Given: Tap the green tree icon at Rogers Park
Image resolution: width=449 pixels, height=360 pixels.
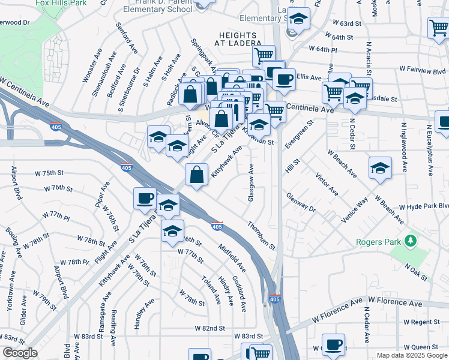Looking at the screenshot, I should pyautogui.click(x=411, y=241).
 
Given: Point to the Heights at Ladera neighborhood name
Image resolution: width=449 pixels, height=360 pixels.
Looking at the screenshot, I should pyautogui.click(x=240, y=40).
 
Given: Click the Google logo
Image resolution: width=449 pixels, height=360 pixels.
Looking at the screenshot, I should pyautogui.click(x=20, y=353).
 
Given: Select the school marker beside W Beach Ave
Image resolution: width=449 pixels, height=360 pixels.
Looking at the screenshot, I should pyautogui.click(x=380, y=169).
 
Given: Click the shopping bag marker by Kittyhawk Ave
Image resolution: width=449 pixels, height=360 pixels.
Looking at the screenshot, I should pyautogui.click(x=197, y=175).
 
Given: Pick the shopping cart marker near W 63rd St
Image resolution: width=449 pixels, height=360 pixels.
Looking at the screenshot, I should pyautogui.click(x=439, y=28).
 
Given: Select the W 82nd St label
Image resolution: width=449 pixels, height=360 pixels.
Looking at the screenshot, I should pyautogui.click(x=209, y=329).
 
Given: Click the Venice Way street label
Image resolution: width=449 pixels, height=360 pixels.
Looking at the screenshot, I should pyautogui.click(x=354, y=210).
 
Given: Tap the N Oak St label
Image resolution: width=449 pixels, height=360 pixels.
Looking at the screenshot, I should pyautogui.click(x=415, y=267).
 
